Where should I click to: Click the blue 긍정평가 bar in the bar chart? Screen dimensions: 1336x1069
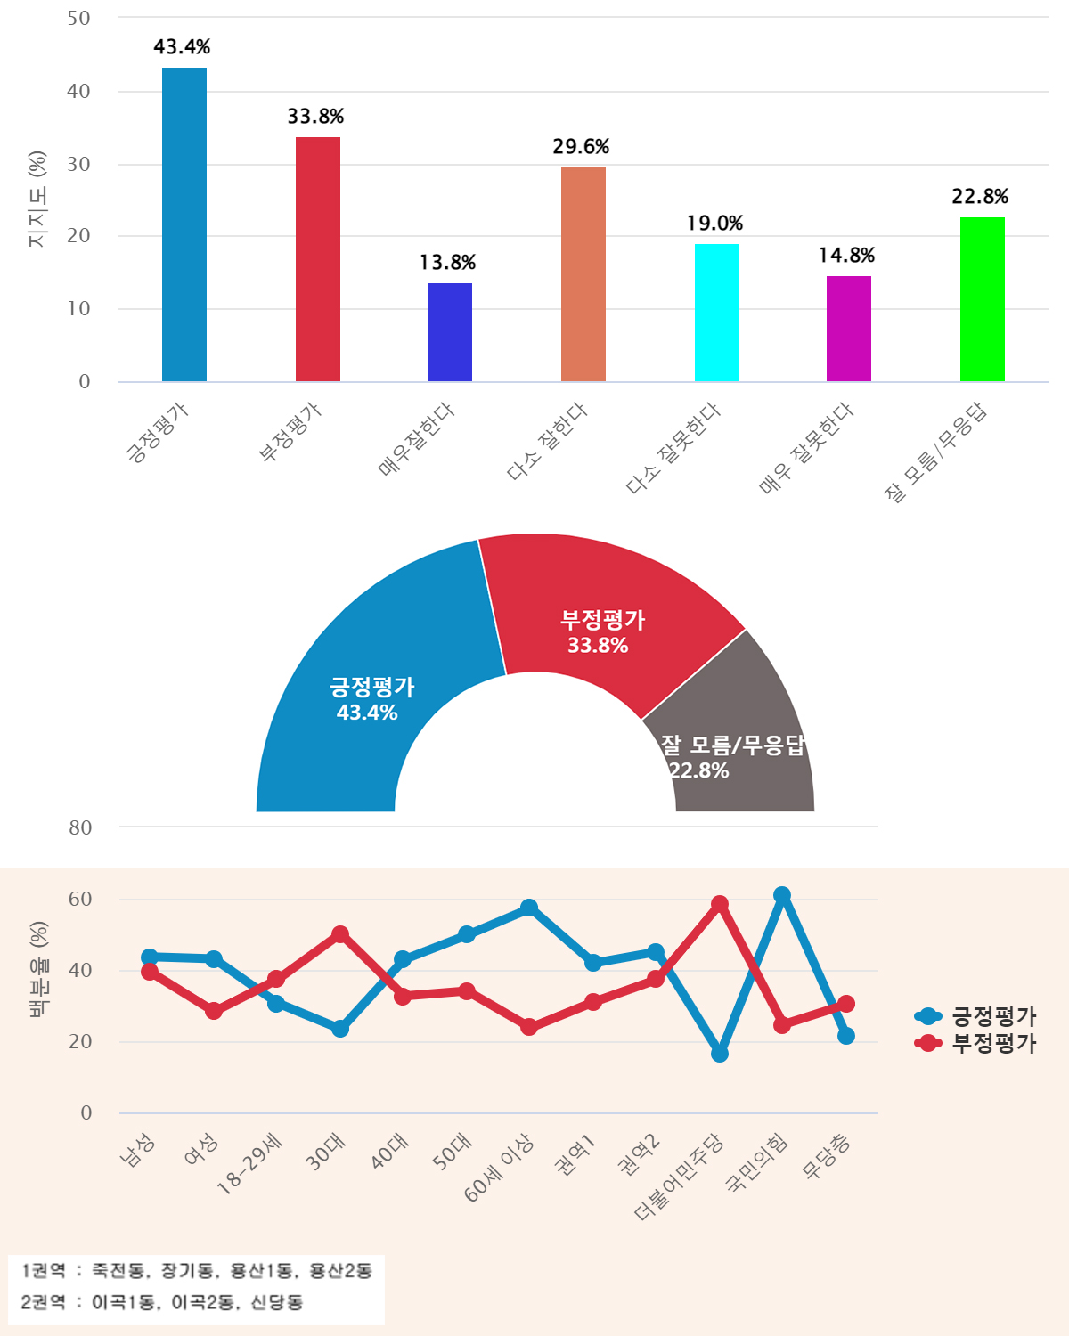(184, 224)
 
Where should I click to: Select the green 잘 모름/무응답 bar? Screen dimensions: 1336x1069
(982, 299)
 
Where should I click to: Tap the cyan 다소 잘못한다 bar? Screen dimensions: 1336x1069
(717, 313)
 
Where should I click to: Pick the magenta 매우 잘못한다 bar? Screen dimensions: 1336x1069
(849, 329)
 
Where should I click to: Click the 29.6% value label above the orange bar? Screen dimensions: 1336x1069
(581, 147)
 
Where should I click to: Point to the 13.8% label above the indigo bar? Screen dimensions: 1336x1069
(447, 263)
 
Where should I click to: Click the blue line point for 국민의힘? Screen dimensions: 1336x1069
(782, 895)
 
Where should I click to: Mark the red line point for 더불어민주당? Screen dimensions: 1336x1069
(720, 905)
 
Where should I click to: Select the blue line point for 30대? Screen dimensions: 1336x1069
(340, 1029)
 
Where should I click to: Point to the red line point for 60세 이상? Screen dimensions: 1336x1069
(529, 1027)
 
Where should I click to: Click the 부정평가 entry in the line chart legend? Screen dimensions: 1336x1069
(978, 1043)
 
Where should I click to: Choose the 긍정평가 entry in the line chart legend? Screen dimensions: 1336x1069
(978, 1016)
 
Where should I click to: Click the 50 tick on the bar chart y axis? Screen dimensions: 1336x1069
(79, 19)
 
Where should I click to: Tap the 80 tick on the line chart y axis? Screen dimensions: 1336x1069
(80, 827)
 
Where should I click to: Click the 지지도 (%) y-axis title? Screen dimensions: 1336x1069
(37, 200)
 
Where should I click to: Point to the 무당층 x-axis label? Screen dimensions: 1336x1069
(827, 1157)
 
